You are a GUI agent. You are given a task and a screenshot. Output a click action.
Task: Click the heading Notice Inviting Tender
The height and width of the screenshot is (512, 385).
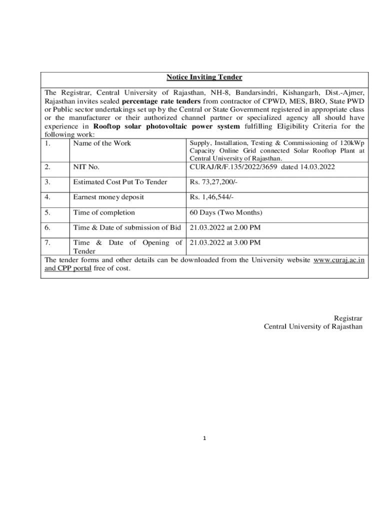click(x=204, y=77)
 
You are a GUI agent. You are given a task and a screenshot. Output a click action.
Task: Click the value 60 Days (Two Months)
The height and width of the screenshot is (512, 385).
click(x=226, y=212)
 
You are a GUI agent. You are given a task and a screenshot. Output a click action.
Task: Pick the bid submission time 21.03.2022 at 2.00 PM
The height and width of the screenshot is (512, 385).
click(x=225, y=227)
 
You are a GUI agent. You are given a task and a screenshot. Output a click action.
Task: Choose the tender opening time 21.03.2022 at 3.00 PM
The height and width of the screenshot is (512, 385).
click(x=225, y=242)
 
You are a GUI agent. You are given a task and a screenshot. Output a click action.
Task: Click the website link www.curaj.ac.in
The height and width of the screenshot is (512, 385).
click(x=338, y=260)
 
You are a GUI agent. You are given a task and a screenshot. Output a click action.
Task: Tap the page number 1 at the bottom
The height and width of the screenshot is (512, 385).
click(x=204, y=438)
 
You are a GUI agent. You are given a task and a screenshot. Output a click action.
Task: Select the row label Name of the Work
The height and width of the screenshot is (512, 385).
click(x=102, y=143)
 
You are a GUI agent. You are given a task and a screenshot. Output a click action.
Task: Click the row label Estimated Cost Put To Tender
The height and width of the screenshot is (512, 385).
click(x=120, y=182)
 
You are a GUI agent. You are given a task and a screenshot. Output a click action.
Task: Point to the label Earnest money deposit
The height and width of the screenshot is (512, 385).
click(x=108, y=197)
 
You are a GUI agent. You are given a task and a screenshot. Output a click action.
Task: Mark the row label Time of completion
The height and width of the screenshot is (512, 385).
click(x=104, y=212)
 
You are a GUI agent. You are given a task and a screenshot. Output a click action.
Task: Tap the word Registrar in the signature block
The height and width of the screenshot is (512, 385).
click(x=348, y=318)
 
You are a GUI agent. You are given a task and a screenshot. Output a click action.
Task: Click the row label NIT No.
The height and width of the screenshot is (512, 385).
click(x=86, y=167)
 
